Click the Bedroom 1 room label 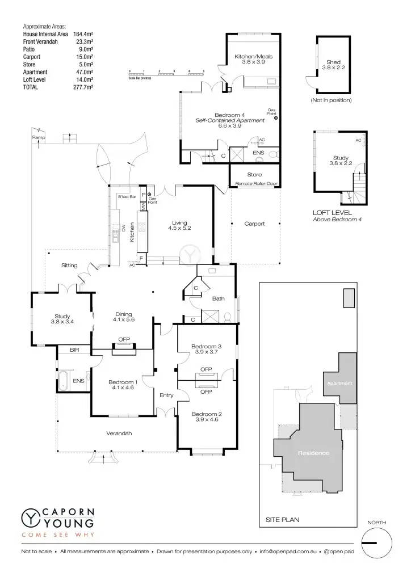(122, 385)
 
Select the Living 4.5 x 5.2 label (179, 225)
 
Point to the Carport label (254, 224)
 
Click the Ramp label (39, 138)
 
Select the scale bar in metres (166, 73)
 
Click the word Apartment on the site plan (339, 384)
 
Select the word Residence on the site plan (313, 453)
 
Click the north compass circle (376, 542)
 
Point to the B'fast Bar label (127, 196)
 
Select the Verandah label (119, 433)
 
